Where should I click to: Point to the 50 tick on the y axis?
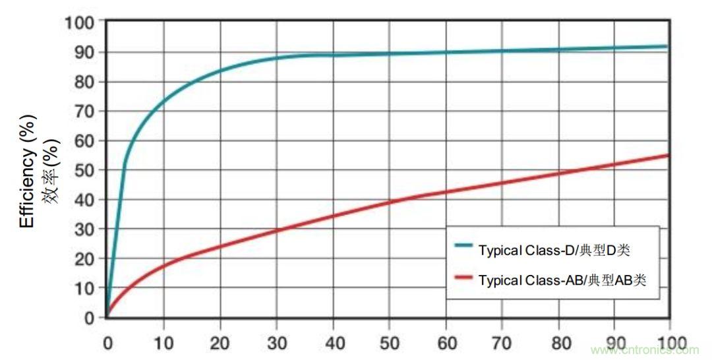tap(86, 170)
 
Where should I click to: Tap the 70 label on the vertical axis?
tap(86, 111)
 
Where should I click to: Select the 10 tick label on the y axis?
tap(86, 288)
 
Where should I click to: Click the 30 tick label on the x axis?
tap(276, 344)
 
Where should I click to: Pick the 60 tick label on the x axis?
tap(446, 344)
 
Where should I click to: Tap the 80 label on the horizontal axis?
tap(559, 344)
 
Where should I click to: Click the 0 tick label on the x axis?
tap(107, 344)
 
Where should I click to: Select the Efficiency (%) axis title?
tap(28, 171)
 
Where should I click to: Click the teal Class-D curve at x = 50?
tap(389, 53)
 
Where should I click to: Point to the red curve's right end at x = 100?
tap(668, 156)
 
